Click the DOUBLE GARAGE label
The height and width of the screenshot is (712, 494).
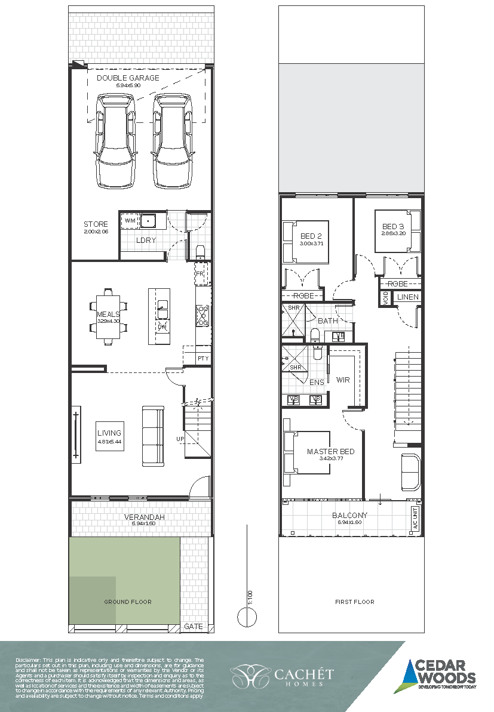coord(128,78)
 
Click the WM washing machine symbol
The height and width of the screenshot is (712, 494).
coord(129,221)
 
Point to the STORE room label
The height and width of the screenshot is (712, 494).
coord(96,224)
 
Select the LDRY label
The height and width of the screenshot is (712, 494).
coord(146,241)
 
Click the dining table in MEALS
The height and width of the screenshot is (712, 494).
coord(109,317)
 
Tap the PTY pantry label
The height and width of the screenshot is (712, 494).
coord(203,358)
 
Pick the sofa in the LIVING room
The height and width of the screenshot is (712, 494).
coord(153,436)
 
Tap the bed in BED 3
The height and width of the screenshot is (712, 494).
coord(397,230)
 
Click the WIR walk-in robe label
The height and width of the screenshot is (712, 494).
coord(343,380)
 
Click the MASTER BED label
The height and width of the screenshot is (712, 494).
coord(330,452)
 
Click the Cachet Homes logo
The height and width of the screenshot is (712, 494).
coord(283,676)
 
